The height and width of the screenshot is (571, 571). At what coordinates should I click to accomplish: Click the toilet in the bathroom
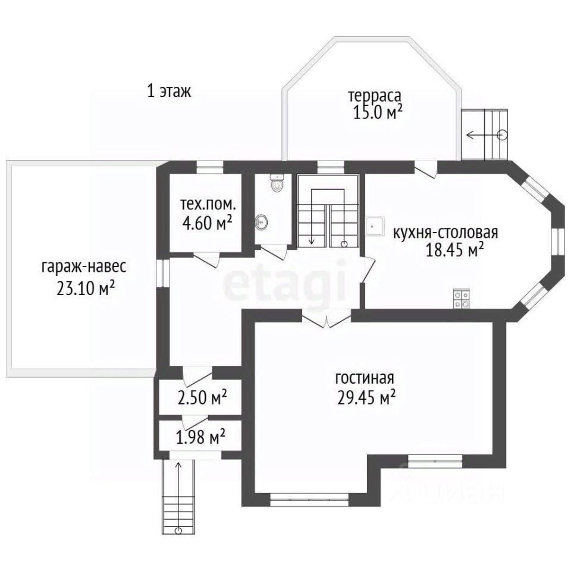(278, 183)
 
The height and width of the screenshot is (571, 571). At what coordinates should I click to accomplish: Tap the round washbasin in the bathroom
(262, 221)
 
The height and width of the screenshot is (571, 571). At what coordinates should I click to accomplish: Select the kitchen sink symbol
(375, 226)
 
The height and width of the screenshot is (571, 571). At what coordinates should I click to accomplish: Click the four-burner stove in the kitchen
(461, 299)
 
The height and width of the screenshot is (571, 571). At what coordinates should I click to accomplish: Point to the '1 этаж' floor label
(169, 90)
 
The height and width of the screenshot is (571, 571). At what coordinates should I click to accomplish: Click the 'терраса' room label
(375, 96)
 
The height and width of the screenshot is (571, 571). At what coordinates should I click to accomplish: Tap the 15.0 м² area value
(378, 112)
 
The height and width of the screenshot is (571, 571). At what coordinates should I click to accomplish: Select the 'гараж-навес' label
(84, 267)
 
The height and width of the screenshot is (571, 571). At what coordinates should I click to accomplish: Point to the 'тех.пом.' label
(208, 205)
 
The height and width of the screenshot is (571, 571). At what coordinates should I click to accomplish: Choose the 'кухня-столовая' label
(445, 233)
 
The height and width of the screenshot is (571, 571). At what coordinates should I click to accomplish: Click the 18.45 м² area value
(455, 250)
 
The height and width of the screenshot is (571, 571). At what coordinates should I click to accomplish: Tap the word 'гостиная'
(365, 378)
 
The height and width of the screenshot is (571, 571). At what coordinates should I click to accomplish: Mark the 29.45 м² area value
(367, 397)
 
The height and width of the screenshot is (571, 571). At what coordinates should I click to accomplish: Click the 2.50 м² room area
(202, 398)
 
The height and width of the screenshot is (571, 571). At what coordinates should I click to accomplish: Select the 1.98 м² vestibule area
(200, 437)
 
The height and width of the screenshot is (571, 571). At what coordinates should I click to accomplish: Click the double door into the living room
(327, 318)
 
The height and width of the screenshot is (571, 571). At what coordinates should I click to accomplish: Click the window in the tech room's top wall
(210, 168)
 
